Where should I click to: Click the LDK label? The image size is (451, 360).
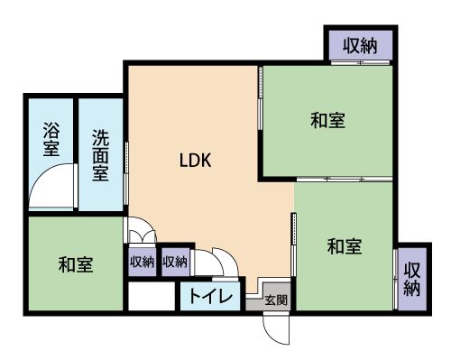tap(196, 160)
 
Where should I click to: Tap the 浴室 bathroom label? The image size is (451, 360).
tap(51, 139)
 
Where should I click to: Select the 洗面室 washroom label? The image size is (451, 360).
tap(100, 155)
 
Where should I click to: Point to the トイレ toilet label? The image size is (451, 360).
tap(211, 297)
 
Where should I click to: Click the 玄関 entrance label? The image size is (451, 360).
tap(276, 300)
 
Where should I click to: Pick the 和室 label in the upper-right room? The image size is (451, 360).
tap(328, 120)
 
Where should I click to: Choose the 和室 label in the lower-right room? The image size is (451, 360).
tap(345, 246)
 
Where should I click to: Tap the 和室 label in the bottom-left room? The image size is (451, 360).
tap(76, 264)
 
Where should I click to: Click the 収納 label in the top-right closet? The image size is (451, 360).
tap(360, 46)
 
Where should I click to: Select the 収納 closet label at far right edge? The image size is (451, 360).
tap(412, 279)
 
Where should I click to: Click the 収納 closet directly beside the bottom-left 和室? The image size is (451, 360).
tap(143, 263)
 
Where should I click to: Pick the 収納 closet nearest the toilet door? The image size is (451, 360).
tap(175, 263)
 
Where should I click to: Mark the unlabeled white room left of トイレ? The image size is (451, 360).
tap(152, 296)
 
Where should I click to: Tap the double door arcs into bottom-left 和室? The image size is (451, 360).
tap(142, 228)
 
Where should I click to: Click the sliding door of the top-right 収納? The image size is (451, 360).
tap(360, 62)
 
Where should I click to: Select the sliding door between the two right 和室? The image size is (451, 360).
tap(345, 179)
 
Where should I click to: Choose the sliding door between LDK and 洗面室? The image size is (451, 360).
tap(126, 173)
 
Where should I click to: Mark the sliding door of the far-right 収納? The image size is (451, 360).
tap(395, 279)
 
